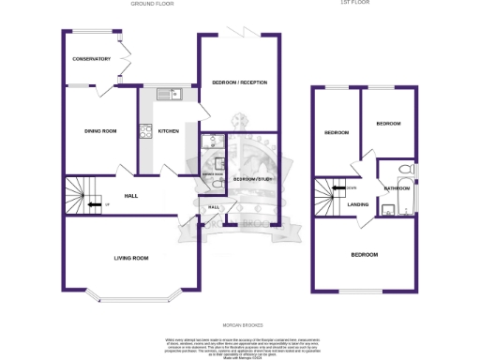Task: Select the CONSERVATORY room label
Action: (x=92, y=59)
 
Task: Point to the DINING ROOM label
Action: (x=101, y=131)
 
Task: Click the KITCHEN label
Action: (x=168, y=131)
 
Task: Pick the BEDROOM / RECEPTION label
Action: (x=240, y=83)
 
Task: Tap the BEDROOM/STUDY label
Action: (x=251, y=179)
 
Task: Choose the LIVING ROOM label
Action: (x=131, y=258)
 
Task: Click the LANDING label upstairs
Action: (x=358, y=203)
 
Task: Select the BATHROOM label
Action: (x=397, y=188)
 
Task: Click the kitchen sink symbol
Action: (x=170, y=92)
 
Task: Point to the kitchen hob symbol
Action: (x=144, y=132)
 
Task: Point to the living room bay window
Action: (x=131, y=299)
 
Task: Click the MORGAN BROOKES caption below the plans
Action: (x=240, y=325)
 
